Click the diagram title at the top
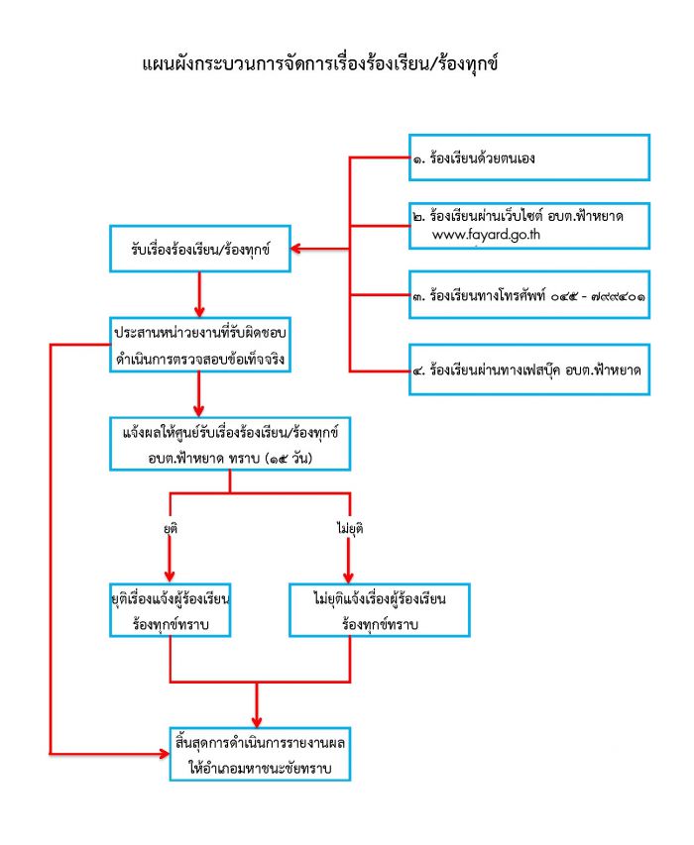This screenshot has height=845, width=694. [x=320, y=64]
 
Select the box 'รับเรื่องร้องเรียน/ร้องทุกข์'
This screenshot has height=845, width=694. [x=200, y=249]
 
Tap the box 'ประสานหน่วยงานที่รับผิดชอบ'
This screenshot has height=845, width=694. [x=200, y=345]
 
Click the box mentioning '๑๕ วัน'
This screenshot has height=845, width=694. [x=230, y=444]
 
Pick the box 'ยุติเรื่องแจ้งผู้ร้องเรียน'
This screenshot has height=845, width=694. [x=171, y=610]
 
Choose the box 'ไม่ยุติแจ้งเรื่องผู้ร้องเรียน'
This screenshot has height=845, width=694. [x=380, y=610]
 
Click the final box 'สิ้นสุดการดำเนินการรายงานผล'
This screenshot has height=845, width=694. [x=260, y=755]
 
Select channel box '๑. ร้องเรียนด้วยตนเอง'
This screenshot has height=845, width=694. [x=529, y=158]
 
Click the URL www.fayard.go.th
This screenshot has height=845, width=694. [x=486, y=235]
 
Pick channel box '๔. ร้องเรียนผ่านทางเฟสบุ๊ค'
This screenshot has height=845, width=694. [x=529, y=370]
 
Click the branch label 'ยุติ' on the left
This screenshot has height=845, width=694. [x=171, y=528]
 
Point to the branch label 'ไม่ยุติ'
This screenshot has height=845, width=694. [x=350, y=528]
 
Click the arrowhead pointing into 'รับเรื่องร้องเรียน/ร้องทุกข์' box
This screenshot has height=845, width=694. [x=295, y=249]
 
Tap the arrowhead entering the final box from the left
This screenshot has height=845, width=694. [x=165, y=754]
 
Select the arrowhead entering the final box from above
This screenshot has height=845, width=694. [x=257, y=722]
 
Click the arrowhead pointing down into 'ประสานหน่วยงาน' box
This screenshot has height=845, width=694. [x=199, y=312]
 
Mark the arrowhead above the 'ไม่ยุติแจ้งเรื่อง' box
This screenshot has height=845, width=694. [x=348, y=578]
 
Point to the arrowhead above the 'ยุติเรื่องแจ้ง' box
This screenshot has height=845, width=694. [x=170, y=578]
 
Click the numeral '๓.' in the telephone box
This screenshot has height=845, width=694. [x=419, y=296]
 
